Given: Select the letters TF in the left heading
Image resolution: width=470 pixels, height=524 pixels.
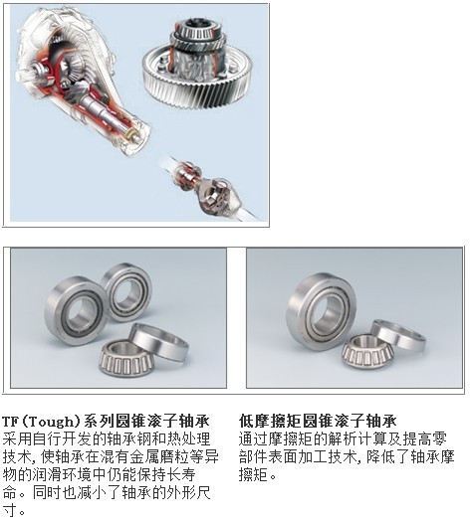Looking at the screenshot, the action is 10,422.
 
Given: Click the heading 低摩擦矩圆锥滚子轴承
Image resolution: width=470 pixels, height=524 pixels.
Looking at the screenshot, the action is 318,421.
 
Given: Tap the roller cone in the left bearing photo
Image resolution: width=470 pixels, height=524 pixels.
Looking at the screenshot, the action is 125,360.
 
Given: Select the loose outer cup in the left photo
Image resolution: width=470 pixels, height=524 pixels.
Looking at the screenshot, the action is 159,341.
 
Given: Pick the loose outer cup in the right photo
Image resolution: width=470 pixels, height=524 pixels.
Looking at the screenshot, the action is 398,336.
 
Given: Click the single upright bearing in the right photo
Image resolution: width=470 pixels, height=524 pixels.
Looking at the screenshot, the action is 321,312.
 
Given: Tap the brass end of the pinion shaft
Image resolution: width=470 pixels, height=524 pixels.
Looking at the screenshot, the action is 131,136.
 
